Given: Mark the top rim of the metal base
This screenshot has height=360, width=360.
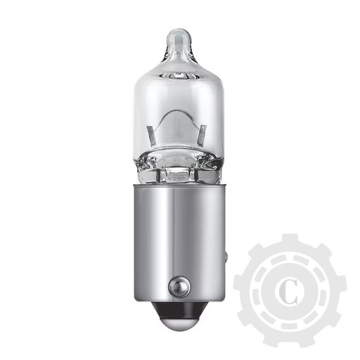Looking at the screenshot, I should pyautogui.click(x=178, y=188).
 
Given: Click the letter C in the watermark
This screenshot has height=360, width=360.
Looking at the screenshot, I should pyautogui.click(x=290, y=291).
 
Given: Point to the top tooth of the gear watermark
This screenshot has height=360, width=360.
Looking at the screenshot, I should pyautogui.click(x=290, y=241).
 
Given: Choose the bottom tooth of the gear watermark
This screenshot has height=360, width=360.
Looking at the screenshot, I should pyautogui.click(x=290, y=341).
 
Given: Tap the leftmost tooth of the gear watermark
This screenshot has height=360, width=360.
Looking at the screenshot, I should pyautogui.click(x=240, y=291).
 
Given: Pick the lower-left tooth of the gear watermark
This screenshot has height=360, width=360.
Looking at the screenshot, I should pyautogui.click(x=255, y=326).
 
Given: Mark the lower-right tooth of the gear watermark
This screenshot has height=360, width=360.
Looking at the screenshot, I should pyautogui.click(x=325, y=326).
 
